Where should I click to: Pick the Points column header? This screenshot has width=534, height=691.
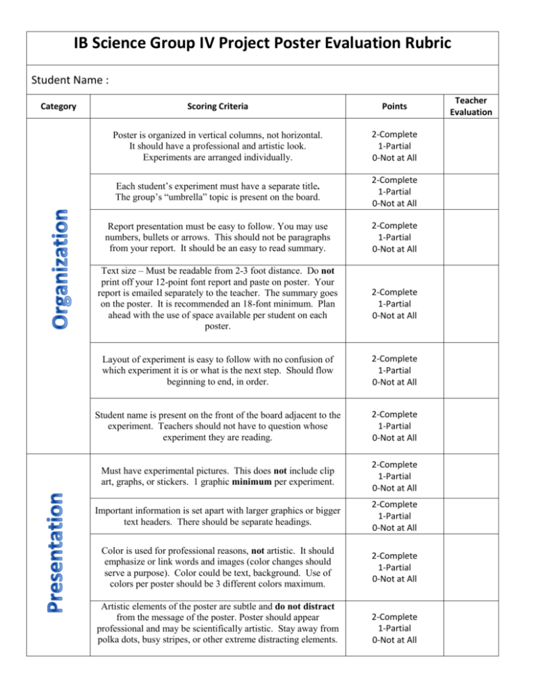(x=393, y=107)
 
